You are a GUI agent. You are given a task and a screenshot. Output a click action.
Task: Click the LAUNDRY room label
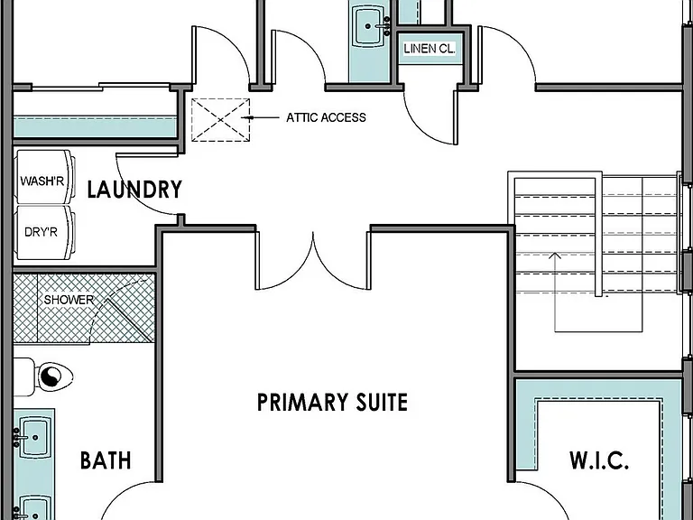pyautogui.click(x=134, y=190)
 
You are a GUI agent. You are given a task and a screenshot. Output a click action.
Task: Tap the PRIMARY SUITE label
pyautogui.click(x=332, y=403)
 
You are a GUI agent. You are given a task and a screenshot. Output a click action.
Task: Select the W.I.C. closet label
pyautogui.click(x=599, y=460)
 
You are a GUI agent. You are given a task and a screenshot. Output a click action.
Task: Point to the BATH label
pyautogui.click(x=106, y=460)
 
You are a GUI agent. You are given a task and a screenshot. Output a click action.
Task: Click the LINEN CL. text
pyautogui.click(x=430, y=49)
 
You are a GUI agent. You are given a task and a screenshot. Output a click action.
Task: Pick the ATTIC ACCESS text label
pyautogui.click(x=326, y=117)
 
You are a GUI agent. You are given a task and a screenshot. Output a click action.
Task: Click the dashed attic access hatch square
pyautogui.click(x=220, y=120)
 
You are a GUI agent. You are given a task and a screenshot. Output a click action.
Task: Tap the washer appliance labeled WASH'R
pyautogui.click(x=44, y=177)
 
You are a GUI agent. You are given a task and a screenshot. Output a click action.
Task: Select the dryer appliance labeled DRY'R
pyautogui.click(x=44, y=232)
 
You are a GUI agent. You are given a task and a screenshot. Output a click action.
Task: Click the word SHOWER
pyautogui.click(x=69, y=300)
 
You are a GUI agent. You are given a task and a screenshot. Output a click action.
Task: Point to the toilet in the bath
pyautogui.click(x=43, y=376)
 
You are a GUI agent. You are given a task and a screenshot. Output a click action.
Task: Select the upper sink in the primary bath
pyautogui.click(x=33, y=437)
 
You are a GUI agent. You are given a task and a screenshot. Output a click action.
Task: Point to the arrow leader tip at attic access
pyautogui.click(x=243, y=117)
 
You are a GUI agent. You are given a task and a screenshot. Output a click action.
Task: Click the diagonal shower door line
pyautogui.click(x=129, y=320)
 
